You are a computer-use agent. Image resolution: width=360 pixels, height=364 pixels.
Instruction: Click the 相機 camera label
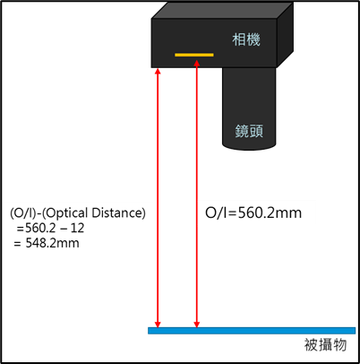point(246,39)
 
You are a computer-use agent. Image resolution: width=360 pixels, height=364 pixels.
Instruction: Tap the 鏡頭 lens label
point(249,131)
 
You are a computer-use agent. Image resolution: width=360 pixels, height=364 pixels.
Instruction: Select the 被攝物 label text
point(325,344)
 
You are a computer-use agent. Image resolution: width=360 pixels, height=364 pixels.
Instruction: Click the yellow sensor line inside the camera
point(194,55)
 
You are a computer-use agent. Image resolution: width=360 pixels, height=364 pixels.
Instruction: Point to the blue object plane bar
point(252,331)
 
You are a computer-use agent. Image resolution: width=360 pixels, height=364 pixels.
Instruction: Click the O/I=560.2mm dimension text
point(253,212)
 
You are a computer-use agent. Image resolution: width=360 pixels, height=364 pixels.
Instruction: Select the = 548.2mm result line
point(47,243)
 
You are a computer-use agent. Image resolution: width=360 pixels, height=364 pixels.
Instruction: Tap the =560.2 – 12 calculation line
point(51,228)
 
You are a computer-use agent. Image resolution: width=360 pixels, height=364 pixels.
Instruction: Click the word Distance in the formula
point(118,213)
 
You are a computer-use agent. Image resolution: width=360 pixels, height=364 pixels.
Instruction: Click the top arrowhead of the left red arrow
point(158,71)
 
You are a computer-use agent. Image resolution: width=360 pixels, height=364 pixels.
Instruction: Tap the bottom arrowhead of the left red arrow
point(158,324)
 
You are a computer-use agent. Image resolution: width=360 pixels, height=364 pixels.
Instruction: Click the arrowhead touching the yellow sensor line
point(196,63)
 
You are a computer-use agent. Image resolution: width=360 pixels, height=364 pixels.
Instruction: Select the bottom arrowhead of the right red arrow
point(196,324)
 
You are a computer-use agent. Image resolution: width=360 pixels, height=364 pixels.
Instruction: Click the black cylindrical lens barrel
point(249,108)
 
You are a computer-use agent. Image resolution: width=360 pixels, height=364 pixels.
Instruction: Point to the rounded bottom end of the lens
point(249,146)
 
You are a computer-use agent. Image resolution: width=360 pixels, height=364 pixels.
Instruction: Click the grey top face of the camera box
point(222,11)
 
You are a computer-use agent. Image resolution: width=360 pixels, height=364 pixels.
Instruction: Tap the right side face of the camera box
point(285,35)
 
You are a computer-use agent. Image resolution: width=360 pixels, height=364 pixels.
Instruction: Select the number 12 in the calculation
point(78,228)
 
